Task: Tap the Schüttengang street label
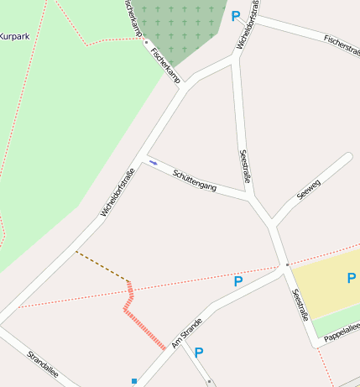[195, 180]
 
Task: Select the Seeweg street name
[309, 190]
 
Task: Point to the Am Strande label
[187, 332]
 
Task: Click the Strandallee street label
[43, 365]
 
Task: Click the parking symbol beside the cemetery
[236, 16]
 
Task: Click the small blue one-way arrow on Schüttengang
[153, 162]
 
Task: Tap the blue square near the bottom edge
[133, 382]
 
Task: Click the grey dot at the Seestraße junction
[287, 264]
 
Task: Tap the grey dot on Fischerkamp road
[146, 41]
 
